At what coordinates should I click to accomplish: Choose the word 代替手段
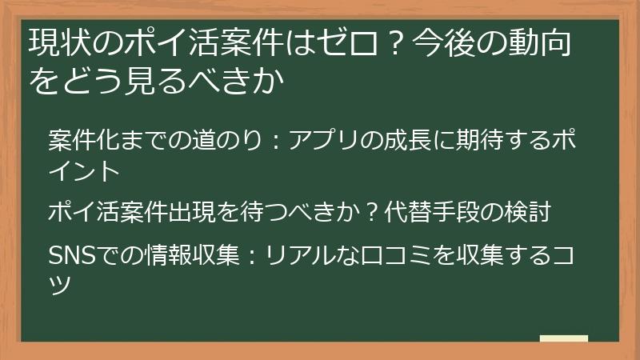point(428,213)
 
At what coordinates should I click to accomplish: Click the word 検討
point(526,213)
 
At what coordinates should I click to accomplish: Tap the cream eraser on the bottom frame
point(563,338)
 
